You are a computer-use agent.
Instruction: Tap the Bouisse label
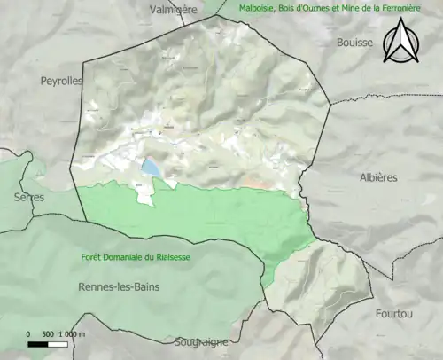click(x=355, y=42)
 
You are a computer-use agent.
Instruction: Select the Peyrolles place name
click(x=61, y=80)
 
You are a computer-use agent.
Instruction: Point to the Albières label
click(x=379, y=177)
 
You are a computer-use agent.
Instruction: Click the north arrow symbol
click(x=400, y=42)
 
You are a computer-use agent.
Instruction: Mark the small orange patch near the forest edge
click(x=256, y=184)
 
